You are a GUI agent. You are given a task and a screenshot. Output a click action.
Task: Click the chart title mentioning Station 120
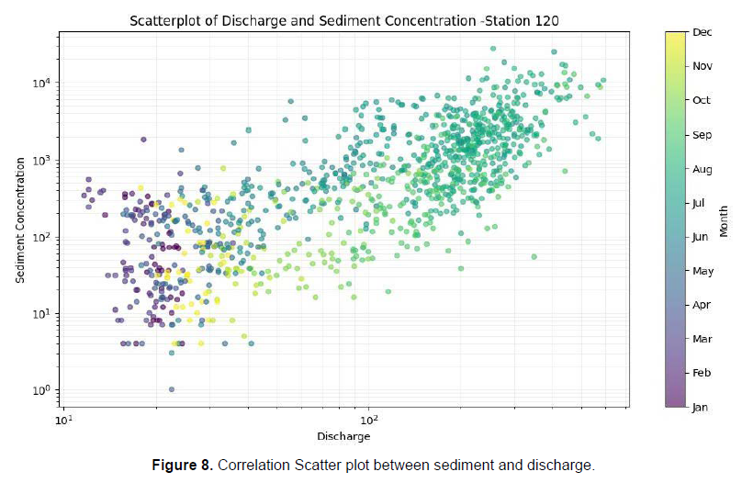343,19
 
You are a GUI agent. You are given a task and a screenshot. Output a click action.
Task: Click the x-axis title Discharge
343,435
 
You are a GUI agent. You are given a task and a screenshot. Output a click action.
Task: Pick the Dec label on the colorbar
702,32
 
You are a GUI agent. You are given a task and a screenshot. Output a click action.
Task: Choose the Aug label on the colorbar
702,169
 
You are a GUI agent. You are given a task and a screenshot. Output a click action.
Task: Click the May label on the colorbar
703,271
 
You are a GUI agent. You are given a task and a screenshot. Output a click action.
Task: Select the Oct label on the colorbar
702,100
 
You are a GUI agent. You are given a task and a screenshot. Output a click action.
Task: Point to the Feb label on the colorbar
702,373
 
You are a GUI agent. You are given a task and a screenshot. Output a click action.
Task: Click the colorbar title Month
724,219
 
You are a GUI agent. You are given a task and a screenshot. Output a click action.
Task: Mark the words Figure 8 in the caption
182,466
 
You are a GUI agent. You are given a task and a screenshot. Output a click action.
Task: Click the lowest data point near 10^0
172,389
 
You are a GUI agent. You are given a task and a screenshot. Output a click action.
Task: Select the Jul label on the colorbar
701,203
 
